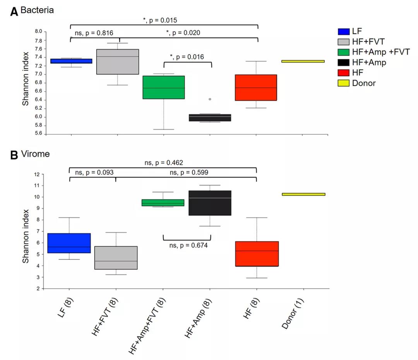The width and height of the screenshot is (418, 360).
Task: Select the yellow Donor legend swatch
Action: [x=343, y=83]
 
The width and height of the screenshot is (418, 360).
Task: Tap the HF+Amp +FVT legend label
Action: [x=381, y=52]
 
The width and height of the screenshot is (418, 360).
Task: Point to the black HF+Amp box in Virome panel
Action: [x=210, y=203]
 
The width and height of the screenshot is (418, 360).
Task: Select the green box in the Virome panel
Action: [x=163, y=203]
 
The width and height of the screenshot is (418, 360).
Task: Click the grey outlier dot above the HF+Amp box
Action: [x=210, y=99]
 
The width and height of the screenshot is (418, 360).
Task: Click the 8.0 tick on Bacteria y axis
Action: [x=38, y=32]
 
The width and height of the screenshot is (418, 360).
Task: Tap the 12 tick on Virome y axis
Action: [x=37, y=174]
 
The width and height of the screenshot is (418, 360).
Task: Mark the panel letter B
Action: [x=14, y=155]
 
